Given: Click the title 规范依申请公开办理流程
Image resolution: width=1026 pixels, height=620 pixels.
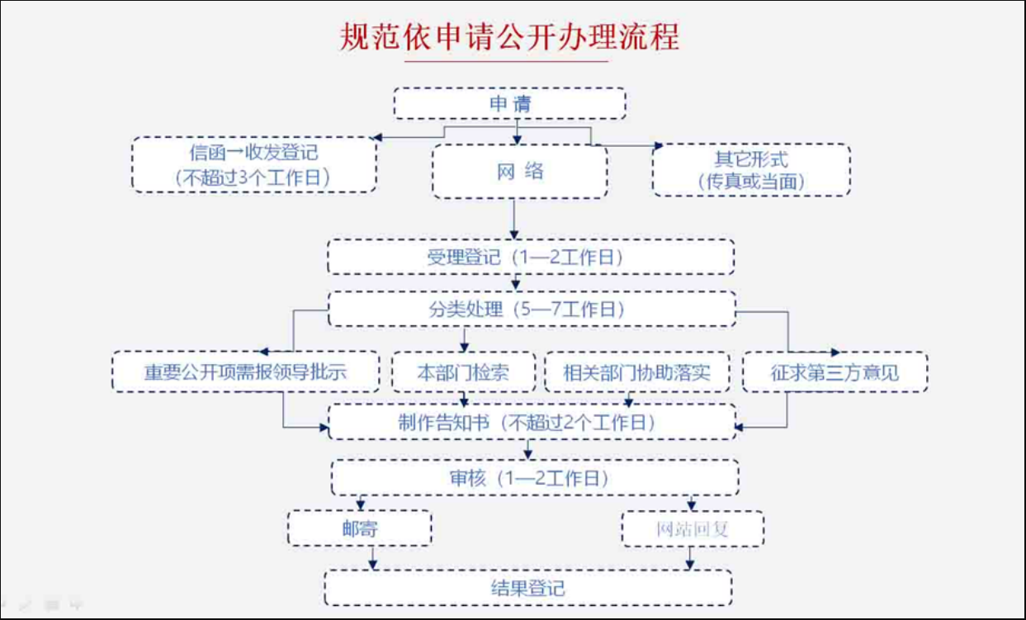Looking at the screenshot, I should point(509,37).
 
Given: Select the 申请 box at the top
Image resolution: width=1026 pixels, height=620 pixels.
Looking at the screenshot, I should point(509,104).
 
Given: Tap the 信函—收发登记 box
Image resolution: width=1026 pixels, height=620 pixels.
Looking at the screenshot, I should point(253,164).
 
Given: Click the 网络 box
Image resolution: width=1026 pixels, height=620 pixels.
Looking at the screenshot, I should point(520,172).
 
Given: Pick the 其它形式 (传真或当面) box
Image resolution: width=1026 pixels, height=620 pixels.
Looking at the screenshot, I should point(750,170).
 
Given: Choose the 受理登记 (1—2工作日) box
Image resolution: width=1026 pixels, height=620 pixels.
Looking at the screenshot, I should point(531,257).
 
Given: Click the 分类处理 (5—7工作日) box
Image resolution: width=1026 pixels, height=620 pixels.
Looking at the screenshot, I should point(532,309).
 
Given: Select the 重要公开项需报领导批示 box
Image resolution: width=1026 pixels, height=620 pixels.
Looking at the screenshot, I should point(245,372).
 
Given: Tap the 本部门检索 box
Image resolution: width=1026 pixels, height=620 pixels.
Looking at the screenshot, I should point(462,372).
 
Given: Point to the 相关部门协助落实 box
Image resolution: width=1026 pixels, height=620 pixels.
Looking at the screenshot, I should point(637,372).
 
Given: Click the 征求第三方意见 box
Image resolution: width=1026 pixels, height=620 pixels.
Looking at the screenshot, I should point(835,372).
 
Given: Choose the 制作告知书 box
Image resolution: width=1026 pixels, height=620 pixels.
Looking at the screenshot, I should point(532,422).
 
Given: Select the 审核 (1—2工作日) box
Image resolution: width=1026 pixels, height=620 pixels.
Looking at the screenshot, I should point(535,477).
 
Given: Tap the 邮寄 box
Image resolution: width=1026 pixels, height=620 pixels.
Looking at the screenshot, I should point(360,528).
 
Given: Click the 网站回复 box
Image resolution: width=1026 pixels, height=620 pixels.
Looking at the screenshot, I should point(693,528).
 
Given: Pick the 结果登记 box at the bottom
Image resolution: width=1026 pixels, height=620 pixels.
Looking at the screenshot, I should point(527,587).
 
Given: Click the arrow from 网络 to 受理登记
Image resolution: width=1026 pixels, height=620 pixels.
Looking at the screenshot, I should point(514,219).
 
